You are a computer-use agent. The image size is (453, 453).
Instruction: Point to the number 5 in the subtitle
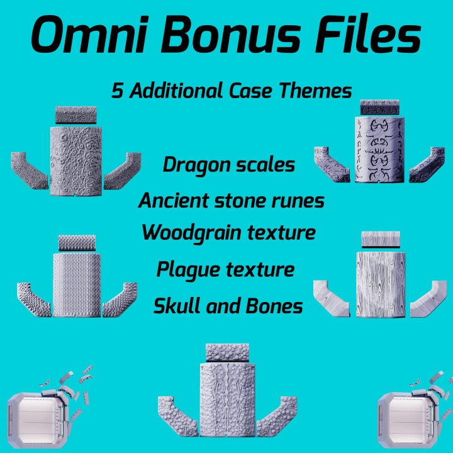(x=117, y=91)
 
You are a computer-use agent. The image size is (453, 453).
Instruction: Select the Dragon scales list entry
(x=228, y=165)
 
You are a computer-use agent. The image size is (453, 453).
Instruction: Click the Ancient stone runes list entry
(x=232, y=201)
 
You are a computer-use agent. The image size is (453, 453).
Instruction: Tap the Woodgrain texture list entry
(x=228, y=232)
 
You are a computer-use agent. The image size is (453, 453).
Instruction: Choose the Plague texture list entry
(x=225, y=270)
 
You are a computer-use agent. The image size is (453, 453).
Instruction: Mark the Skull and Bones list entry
(x=228, y=306)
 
